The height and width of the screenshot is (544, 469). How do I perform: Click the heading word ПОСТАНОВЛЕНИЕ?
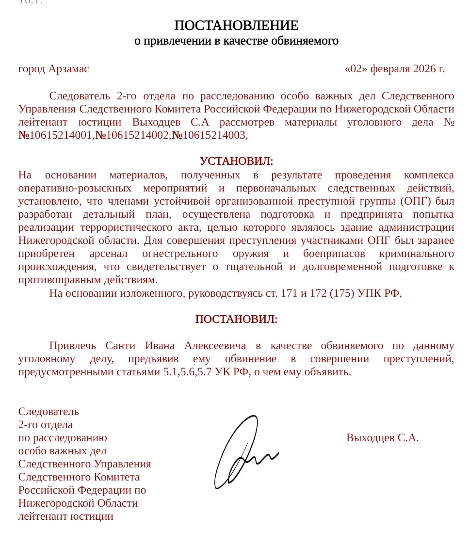(x=236, y=25)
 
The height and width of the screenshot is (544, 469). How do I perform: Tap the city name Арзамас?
(x=68, y=69)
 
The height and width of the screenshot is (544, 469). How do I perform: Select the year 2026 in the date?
(x=425, y=69)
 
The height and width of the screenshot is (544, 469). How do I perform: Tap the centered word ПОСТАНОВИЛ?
(x=236, y=320)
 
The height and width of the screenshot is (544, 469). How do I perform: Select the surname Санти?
(x=120, y=346)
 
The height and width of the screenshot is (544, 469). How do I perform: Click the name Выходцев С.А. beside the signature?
(x=383, y=438)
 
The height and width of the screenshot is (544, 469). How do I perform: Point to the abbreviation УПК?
(x=370, y=293)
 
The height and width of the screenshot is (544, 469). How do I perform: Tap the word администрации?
(x=419, y=227)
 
